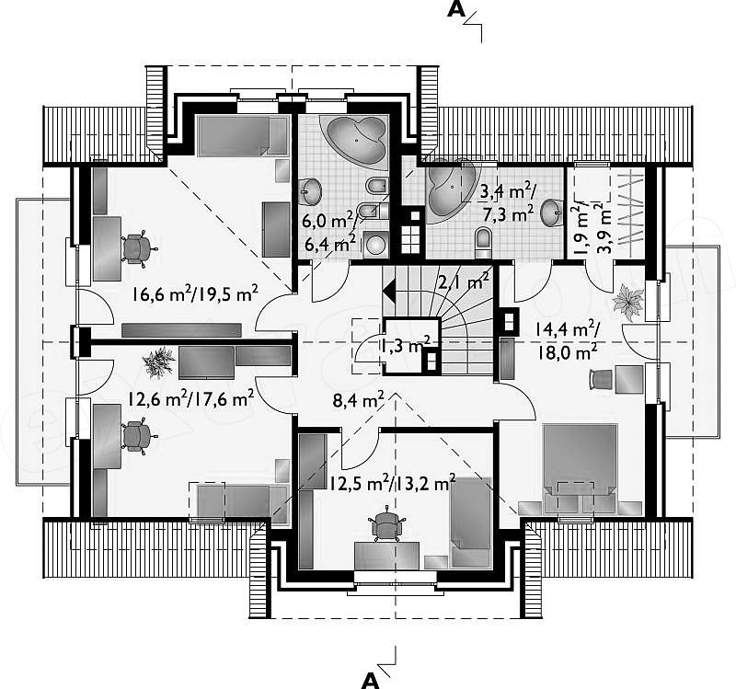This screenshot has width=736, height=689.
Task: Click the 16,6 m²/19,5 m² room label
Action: pos(195,294)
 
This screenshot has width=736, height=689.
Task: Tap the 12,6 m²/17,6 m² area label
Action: pos(191,400)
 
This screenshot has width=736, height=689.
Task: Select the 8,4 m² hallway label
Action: pos(358,400)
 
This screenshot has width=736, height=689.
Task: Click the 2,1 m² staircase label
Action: pos(464,283)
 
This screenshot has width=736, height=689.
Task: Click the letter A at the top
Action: pos(454,9)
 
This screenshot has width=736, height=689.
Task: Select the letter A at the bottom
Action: pos(371,680)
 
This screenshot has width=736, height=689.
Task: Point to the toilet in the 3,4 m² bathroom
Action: pos(482,242)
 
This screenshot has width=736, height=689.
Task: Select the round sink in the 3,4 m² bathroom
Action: pos(551,212)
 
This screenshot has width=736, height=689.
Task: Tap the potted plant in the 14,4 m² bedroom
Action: pos(627,304)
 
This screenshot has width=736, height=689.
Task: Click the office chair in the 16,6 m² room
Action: pos(138,248)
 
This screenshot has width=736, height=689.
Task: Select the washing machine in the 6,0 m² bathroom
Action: pos(375,244)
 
